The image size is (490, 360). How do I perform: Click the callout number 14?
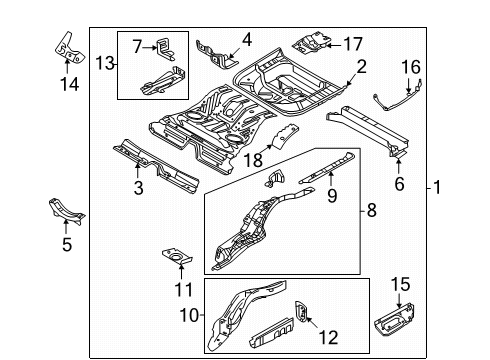click(69, 84)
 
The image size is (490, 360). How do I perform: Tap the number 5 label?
click(67, 244)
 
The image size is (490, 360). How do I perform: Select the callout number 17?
click(353, 44)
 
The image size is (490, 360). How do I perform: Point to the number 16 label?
click(411, 67)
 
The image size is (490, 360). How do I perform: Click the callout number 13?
click(105, 63)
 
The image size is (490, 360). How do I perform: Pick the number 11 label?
click(184, 289)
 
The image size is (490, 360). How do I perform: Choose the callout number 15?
click(400, 284)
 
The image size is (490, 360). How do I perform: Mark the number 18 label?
click(253, 160)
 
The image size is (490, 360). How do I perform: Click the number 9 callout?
click(332, 195)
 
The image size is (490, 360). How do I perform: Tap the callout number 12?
click(329, 337)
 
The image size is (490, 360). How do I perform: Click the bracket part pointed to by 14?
click(69, 48)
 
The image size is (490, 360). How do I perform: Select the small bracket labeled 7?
click(165, 49)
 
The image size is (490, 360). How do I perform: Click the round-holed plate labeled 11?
click(177, 256)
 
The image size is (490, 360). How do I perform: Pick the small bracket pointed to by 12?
click(301, 312)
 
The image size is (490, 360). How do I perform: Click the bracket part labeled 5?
click(66, 211)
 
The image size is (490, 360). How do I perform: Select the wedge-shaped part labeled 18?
click(284, 136)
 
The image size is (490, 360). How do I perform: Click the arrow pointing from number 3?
click(137, 169)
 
